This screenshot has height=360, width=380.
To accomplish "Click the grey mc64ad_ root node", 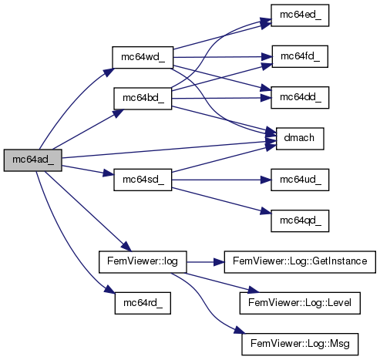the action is pos(32,160).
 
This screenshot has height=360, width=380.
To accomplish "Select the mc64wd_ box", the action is pos(143,57).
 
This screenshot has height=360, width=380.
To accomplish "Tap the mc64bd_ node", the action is pos(143,99).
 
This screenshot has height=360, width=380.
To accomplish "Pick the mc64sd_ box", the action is pos(143,180).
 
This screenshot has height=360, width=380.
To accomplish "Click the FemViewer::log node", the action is pos(143,262).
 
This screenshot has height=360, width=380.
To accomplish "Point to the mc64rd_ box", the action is pos(143,303).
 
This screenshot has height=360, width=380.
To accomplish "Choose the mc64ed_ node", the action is pos(300,15).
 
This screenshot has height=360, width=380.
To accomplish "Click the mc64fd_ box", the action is pos(300,56).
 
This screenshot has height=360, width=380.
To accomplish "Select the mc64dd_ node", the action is pos(300,98).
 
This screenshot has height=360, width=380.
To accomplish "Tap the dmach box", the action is pos(300,139).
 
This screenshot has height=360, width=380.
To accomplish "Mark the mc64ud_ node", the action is pos(300,180).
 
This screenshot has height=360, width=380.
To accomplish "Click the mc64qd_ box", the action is pos(300,221).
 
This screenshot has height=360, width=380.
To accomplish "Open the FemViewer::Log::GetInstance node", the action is pos(300,262).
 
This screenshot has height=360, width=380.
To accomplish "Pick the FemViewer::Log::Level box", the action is pos(300,303).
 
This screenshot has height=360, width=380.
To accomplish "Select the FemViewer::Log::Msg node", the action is pos(300,344).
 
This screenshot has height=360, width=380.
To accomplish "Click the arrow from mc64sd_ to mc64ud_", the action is pos(221,180).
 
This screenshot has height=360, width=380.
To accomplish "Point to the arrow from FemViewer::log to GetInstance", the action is pos(205,262).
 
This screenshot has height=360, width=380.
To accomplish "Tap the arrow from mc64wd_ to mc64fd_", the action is pos(223,57).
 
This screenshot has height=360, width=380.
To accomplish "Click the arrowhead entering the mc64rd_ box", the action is pos(109,290).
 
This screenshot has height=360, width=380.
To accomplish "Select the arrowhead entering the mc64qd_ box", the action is pos(266,212).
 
